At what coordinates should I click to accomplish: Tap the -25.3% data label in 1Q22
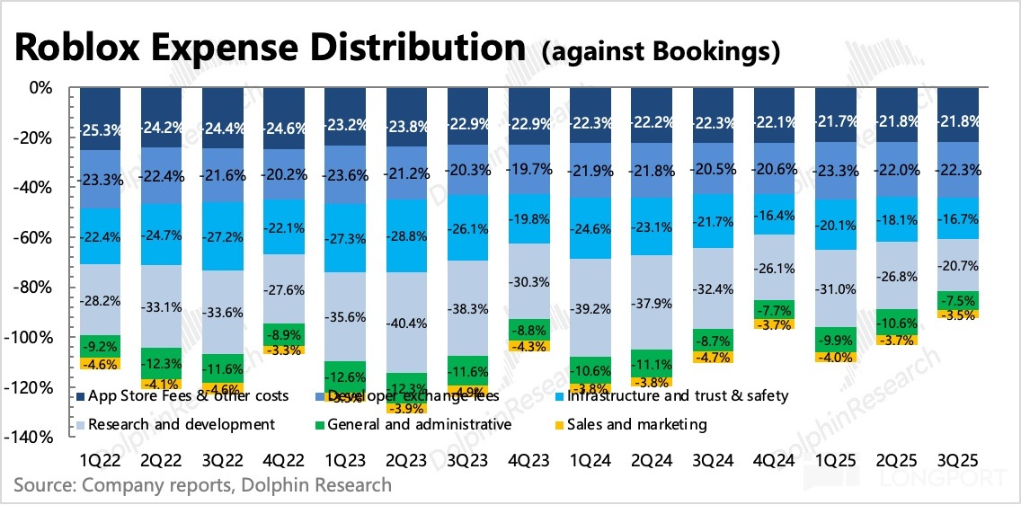click(x=100, y=128)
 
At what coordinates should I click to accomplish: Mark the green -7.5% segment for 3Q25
click(x=958, y=300)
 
